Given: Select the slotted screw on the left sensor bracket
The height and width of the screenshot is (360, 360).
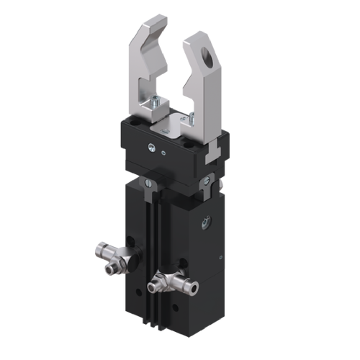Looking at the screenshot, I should [x=147, y=185].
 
